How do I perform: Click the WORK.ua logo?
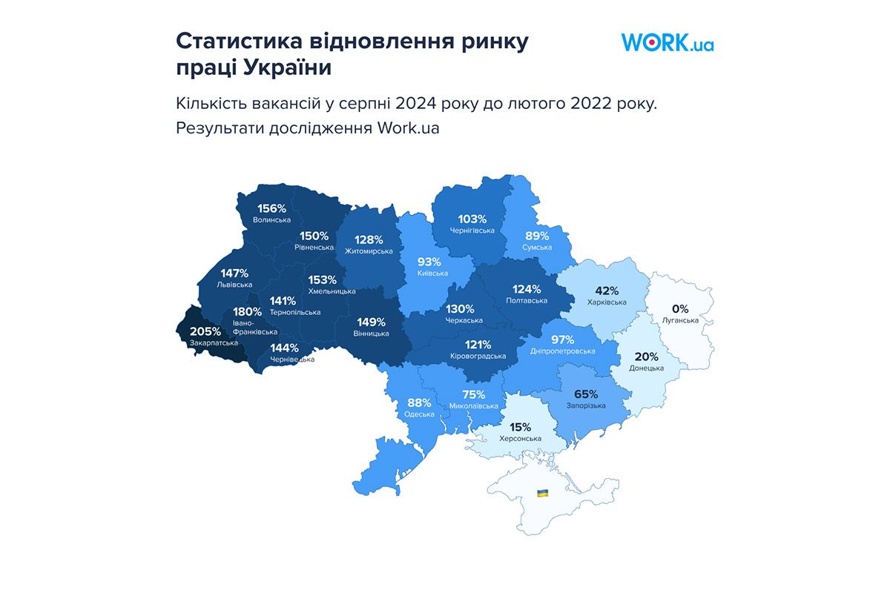667,42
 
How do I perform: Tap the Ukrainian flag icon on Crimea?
542,493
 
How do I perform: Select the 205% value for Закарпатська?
205,331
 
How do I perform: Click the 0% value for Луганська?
680,308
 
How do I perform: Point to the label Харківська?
607,302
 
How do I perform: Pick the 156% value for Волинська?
271,208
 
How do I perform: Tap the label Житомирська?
369,251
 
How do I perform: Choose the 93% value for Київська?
429,262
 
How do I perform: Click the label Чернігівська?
472,231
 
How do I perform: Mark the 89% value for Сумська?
537,236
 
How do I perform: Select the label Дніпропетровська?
563,351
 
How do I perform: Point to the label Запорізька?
586,405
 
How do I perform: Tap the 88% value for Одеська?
419,402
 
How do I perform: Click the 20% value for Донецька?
646,356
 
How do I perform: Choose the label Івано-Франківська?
254,328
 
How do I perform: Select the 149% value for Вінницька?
371,322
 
